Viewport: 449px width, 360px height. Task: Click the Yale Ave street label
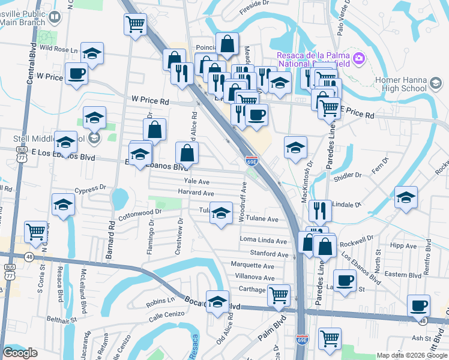tap(196, 181)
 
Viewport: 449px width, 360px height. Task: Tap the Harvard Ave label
tap(196, 193)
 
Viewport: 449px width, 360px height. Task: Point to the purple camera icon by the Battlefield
tap(359, 58)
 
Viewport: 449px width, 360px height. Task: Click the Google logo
tap(20, 353)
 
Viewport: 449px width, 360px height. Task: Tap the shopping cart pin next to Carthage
tap(279, 294)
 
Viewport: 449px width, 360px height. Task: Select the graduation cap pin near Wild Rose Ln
tap(92, 53)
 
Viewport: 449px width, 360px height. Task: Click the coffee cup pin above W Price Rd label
tap(77, 73)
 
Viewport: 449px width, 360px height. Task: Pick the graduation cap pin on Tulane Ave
tap(221, 213)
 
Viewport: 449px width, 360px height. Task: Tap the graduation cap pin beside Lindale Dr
tap(406, 197)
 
